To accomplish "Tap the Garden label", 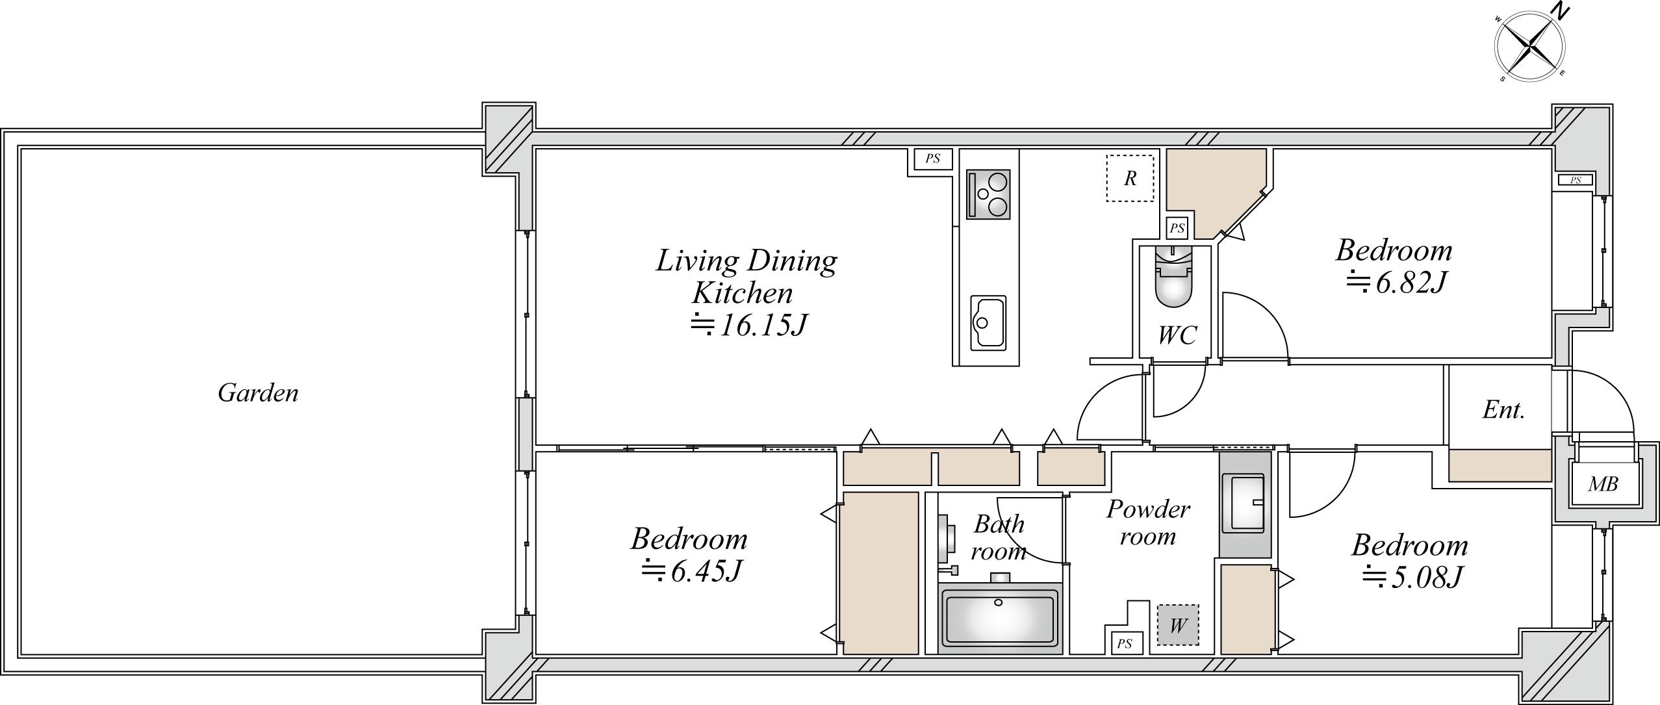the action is point(258,393).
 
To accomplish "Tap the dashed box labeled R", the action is point(1130,178).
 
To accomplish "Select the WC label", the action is point(1177,335).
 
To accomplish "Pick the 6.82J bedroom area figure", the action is point(1395,283).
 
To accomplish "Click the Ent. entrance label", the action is point(1503,410).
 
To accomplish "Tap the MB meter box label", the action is point(1603,483).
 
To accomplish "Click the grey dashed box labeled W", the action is point(1178,626).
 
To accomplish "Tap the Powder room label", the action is point(1148,523).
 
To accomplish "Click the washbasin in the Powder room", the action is point(1244,502).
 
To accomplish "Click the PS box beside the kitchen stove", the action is point(933,159).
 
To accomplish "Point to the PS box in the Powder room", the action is point(1125,643).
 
